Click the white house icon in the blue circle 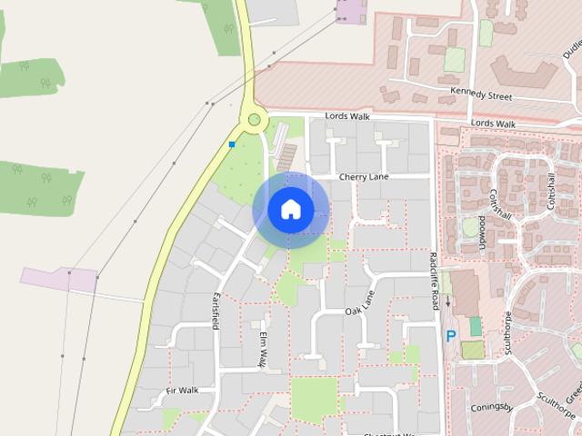[x=290, y=210]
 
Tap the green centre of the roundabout [x=255, y=120]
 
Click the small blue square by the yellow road [x=232, y=144]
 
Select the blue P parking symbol [x=449, y=337]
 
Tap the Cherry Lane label [x=363, y=177]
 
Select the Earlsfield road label [x=216, y=312]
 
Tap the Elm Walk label [x=261, y=349]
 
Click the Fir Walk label [x=182, y=391]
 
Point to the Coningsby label [x=494, y=407]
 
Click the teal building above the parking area [x=476, y=326]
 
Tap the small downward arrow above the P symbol [x=447, y=323]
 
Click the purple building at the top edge [x=350, y=11]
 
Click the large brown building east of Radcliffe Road [x=466, y=292]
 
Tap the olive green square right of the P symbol [x=472, y=350]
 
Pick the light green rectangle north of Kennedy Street [x=454, y=61]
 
